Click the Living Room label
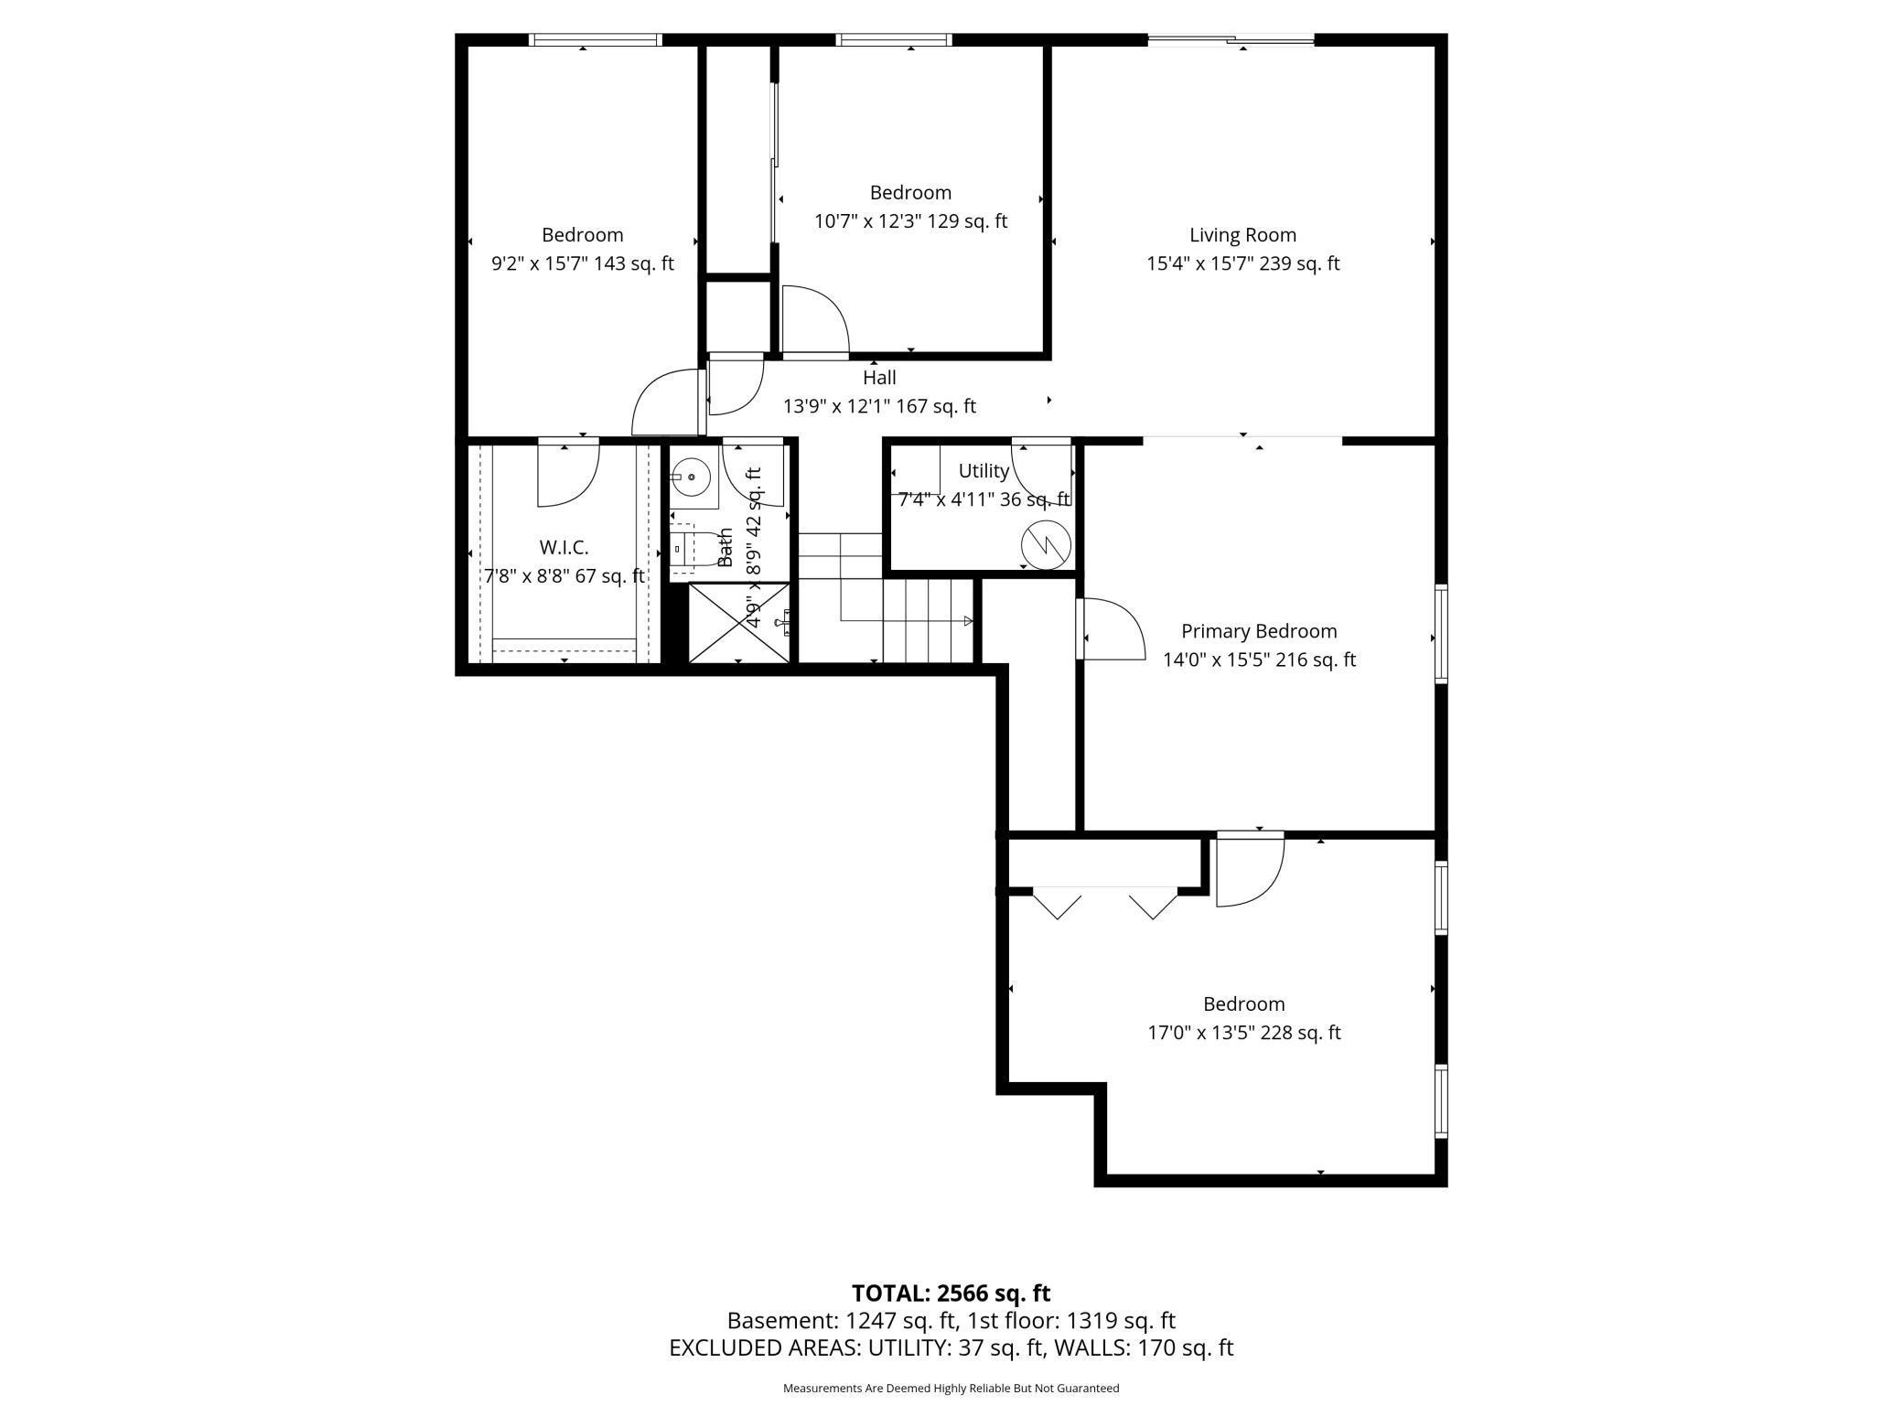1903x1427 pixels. (1242, 235)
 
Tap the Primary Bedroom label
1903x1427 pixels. (1259, 631)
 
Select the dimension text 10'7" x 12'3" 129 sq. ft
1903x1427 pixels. (910, 221)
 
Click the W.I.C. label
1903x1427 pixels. (564, 547)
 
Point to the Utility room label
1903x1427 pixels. (984, 471)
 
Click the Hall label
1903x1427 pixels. (879, 378)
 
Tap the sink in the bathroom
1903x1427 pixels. (691, 477)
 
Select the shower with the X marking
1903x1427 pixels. (737, 622)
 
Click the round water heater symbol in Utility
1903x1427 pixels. (1046, 545)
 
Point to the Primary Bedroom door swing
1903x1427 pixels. (1112, 628)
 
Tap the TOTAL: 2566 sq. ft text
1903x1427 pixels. (951, 1293)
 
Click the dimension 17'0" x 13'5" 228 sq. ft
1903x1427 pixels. (1243, 1033)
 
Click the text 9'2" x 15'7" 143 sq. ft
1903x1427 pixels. (582, 263)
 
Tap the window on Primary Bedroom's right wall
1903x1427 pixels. (1440, 633)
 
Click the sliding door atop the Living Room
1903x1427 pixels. (1231, 39)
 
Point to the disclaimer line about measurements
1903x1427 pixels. (951, 1388)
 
